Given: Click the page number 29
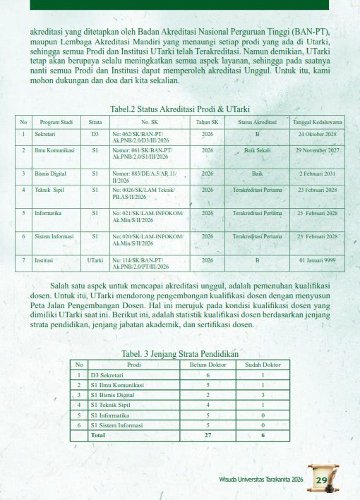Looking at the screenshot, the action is pos(322,481).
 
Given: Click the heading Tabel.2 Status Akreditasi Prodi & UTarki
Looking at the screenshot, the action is pos(180,109).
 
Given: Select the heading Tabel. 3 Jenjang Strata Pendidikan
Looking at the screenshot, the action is pos(180,353).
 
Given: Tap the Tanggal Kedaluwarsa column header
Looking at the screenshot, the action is pos(317,122).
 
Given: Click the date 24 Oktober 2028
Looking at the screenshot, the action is pos(317,134).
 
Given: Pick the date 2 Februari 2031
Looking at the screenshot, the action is pos(317,173).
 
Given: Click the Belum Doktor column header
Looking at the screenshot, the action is pos(207,365).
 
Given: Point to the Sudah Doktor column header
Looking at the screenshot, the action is pos(263,365).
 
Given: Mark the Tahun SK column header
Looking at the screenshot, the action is pos(208,122).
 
